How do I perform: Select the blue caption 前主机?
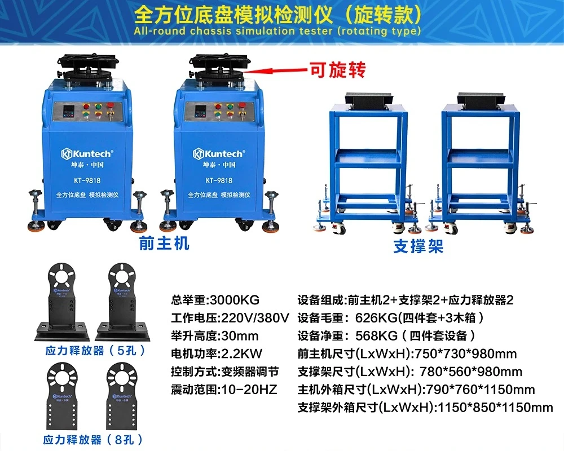pos(164,243)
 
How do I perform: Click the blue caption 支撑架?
pos(418,246)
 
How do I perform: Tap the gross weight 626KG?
pos(376,318)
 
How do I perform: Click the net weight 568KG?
pos(376,336)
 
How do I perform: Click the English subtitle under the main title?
pos(277,30)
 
